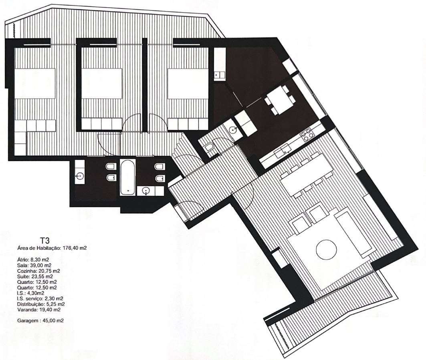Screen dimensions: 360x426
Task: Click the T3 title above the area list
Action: click(x=44, y=240)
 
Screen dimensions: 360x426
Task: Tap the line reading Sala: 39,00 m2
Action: click(x=34, y=265)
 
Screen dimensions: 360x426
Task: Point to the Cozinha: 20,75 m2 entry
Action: click(x=38, y=271)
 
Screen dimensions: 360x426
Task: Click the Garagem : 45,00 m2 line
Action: click(x=40, y=321)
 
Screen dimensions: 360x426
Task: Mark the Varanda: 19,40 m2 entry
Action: click(x=39, y=310)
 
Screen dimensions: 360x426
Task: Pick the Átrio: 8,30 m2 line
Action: click(x=34, y=259)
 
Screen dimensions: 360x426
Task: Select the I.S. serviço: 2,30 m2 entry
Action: click(x=40, y=298)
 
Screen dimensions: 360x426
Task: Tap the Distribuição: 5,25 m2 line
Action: click(x=41, y=304)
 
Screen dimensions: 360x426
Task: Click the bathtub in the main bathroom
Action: click(x=127, y=178)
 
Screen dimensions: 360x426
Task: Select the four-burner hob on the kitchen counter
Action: click(x=308, y=136)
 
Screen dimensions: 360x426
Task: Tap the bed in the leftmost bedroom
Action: click(x=35, y=84)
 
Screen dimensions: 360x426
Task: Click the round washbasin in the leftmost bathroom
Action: click(x=80, y=175)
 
